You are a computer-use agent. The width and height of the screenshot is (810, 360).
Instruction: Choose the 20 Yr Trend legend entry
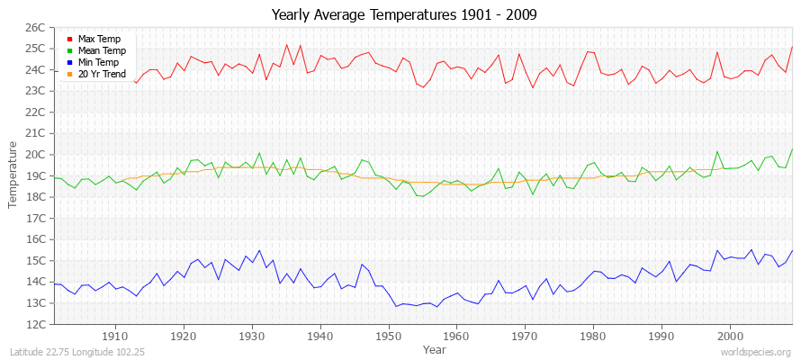click(x=102, y=75)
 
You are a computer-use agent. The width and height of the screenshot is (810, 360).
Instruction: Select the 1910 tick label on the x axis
click(x=115, y=336)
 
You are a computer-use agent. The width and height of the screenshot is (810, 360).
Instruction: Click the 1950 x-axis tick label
click(x=388, y=336)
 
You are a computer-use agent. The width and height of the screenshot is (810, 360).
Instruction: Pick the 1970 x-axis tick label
click(x=525, y=336)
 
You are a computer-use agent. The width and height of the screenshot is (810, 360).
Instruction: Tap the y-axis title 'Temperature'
click(x=13, y=175)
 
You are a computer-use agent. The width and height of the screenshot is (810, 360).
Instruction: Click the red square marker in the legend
click(x=69, y=40)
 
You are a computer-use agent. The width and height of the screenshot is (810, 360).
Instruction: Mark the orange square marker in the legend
click(x=69, y=75)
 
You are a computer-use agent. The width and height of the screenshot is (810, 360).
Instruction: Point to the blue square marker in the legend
click(x=69, y=63)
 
